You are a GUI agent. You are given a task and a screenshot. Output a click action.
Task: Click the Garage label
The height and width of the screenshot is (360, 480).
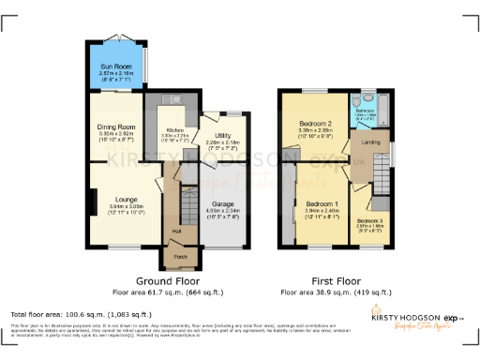click(x=222, y=203)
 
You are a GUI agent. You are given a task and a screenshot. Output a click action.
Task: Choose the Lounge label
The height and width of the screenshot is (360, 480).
click(x=127, y=200)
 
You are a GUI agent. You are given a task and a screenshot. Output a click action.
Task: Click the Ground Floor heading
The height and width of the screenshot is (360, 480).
click(x=173, y=280)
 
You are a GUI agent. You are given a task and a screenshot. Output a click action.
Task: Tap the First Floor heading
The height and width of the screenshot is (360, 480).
click(x=335, y=280)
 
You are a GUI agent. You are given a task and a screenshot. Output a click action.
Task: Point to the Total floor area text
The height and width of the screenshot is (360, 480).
click(x=81, y=313)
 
